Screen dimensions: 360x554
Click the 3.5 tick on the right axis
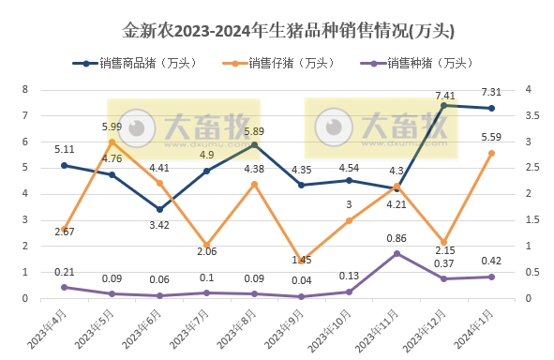531,115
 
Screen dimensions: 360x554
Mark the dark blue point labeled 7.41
444,105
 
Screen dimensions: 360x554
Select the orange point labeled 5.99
112,142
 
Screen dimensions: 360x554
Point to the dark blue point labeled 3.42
159,209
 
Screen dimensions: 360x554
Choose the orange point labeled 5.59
492,153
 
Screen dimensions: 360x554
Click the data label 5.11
65,149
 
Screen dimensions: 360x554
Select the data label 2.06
205,252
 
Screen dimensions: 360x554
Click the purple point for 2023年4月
64,287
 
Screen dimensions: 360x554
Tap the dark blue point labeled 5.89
254,144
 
